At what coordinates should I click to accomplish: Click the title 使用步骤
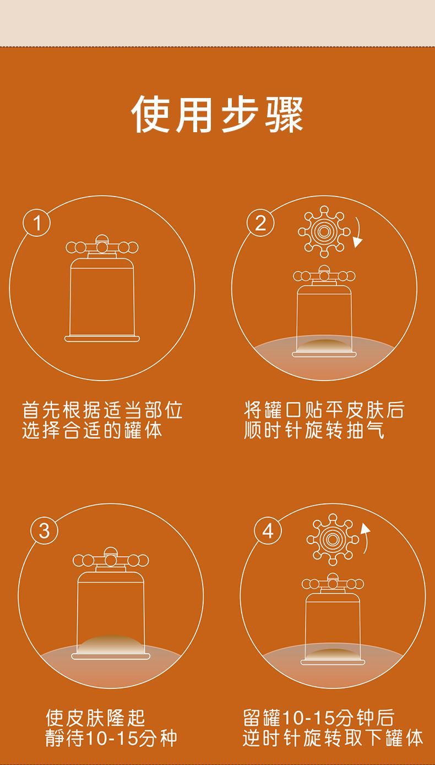218,115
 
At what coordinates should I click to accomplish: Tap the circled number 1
37,223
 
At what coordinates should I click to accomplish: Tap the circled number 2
260,223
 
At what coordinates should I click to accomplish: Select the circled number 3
45,531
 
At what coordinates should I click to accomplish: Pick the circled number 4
268,531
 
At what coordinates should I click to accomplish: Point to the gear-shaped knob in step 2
324,231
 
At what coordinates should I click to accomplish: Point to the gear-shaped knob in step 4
332,539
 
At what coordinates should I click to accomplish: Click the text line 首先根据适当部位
102,410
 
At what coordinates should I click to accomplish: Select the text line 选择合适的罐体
92,430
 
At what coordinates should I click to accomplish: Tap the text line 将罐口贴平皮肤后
324,410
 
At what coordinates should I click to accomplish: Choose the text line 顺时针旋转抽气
314,430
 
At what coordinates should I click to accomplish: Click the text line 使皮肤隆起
96,718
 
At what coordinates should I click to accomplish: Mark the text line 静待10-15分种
111,738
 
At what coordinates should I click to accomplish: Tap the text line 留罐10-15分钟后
319,718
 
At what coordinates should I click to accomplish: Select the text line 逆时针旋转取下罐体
333,738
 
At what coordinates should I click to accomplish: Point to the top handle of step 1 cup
102,246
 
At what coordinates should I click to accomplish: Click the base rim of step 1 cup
102,339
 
